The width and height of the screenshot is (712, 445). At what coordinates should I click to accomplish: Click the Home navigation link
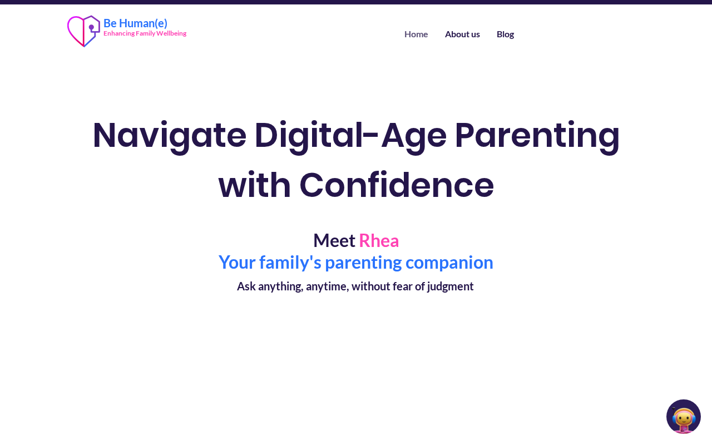coord(416,34)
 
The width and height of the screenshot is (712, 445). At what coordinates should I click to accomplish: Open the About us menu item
coord(462,34)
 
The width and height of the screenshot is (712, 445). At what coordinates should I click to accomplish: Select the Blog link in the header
coord(505,34)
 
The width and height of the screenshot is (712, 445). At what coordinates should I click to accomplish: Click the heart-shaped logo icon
coord(83,31)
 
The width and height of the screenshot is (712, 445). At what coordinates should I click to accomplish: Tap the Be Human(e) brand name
coord(135,23)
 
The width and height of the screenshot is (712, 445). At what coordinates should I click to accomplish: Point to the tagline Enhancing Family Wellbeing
coord(145,33)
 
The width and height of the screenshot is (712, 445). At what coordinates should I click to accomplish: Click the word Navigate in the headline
coord(170,136)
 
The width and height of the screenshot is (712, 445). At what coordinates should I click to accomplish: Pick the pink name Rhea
coord(379,241)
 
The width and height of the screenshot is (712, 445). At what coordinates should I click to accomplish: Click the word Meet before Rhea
coord(334,241)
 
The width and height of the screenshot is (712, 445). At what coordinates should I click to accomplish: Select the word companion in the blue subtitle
coord(449,263)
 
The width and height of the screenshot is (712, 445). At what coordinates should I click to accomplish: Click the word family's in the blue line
coord(290,263)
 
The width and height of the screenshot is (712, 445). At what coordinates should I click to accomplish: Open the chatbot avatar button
coord(684,417)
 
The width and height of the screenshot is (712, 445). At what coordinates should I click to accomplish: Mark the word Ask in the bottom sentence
coord(246,286)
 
